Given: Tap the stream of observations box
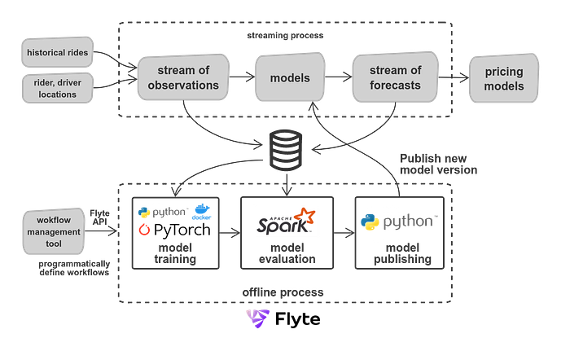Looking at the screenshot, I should click(177, 79).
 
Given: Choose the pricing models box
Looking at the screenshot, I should click(502, 79).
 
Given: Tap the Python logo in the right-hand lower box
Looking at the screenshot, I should click(370, 222).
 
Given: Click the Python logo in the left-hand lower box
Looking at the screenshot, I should click(147, 212).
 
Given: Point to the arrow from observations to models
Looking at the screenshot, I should click(239, 79).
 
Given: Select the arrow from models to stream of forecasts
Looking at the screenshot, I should click(336, 79).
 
